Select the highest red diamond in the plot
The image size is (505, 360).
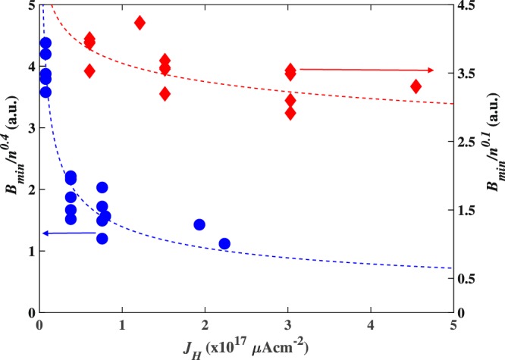[x=140, y=23]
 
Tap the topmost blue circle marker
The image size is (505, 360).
[x=45, y=43]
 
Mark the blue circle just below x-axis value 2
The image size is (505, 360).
[x=199, y=224]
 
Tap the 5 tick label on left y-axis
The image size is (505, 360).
[x=28, y=6]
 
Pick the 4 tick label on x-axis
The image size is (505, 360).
[x=370, y=327]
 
